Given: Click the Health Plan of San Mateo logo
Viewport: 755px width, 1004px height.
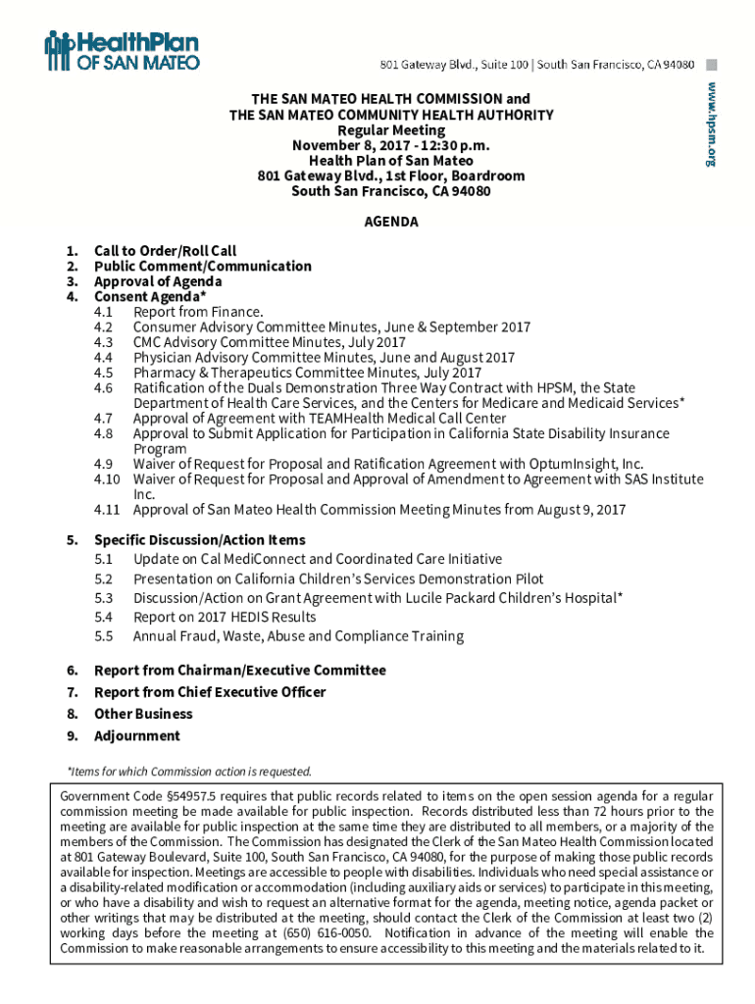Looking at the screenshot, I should click(122, 51).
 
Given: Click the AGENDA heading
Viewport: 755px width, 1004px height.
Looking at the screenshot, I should click(391, 222).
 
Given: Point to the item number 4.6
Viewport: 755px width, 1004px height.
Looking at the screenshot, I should click(104, 388).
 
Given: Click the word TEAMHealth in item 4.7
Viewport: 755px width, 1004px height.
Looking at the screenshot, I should click(307, 419).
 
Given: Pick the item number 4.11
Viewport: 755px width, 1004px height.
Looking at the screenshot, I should click(107, 510).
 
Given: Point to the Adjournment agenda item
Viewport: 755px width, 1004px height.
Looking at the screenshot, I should click(137, 736).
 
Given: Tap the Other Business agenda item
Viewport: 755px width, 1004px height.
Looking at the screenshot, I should click(143, 714).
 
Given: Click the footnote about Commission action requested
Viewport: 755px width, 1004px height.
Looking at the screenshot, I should click(188, 771).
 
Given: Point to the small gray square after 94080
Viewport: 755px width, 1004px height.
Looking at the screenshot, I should click(712, 65).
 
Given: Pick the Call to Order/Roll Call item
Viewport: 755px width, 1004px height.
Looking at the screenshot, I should click(165, 251).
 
